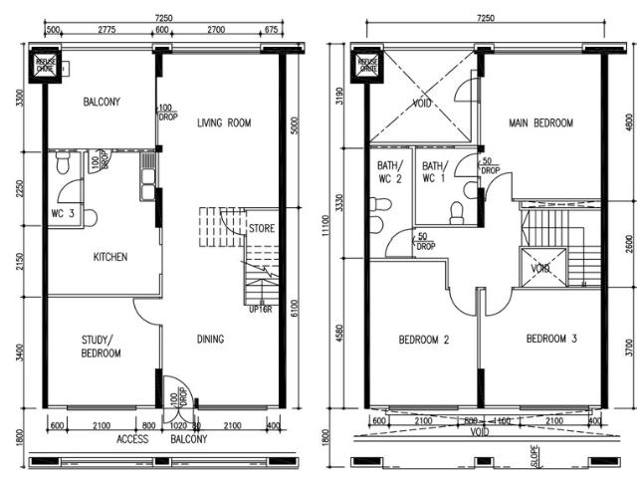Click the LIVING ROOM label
224,123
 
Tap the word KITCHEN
110,258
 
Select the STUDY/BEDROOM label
101,347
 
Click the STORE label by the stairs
262,228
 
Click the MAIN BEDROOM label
541,123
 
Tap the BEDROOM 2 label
425,340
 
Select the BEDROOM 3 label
551,340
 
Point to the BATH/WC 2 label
389,172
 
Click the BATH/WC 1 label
435,172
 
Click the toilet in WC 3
89,216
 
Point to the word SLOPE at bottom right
535,455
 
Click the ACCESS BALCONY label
160,439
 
